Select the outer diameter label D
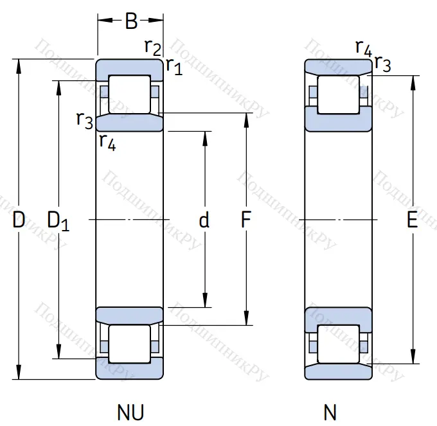[19, 220]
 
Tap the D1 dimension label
[58, 220]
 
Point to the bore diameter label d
[204, 220]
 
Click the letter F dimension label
[245, 220]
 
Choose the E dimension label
[412, 220]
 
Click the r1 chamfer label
[174, 66]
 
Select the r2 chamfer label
[152, 46]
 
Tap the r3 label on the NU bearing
[84, 119]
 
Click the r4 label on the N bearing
[363, 47]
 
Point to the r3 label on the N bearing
[382, 63]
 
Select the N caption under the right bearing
[330, 411]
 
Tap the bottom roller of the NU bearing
[129, 344]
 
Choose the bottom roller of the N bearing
[339, 344]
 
